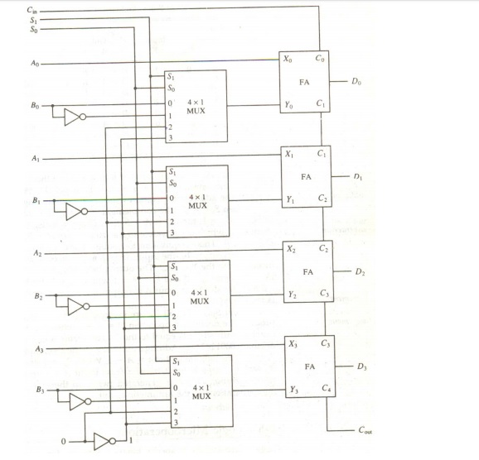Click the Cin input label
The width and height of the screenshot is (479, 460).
[32, 11]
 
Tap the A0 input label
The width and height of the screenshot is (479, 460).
[35, 63]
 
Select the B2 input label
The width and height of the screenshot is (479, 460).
[38, 296]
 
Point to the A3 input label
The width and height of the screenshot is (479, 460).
[40, 348]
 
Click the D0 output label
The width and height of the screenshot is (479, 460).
[356, 81]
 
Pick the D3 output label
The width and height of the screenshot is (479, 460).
[361, 366]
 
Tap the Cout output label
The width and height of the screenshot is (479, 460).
[365, 430]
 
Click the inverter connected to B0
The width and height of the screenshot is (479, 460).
[75, 117]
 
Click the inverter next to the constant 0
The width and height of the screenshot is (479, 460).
[104, 442]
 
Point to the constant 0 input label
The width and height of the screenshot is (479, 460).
[63, 442]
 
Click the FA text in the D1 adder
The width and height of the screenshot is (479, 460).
[306, 177]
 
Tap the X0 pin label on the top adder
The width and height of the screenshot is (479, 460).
[288, 59]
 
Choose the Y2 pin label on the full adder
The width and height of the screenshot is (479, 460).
[292, 295]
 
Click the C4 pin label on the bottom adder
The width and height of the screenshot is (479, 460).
[327, 388]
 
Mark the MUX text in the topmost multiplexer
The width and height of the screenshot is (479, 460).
[196, 111]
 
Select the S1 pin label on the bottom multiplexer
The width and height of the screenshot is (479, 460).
[177, 362]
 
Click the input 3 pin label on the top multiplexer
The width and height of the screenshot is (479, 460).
[171, 138]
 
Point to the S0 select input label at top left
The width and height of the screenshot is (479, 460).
[34, 29]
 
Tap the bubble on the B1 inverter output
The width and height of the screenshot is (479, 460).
[85, 212]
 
